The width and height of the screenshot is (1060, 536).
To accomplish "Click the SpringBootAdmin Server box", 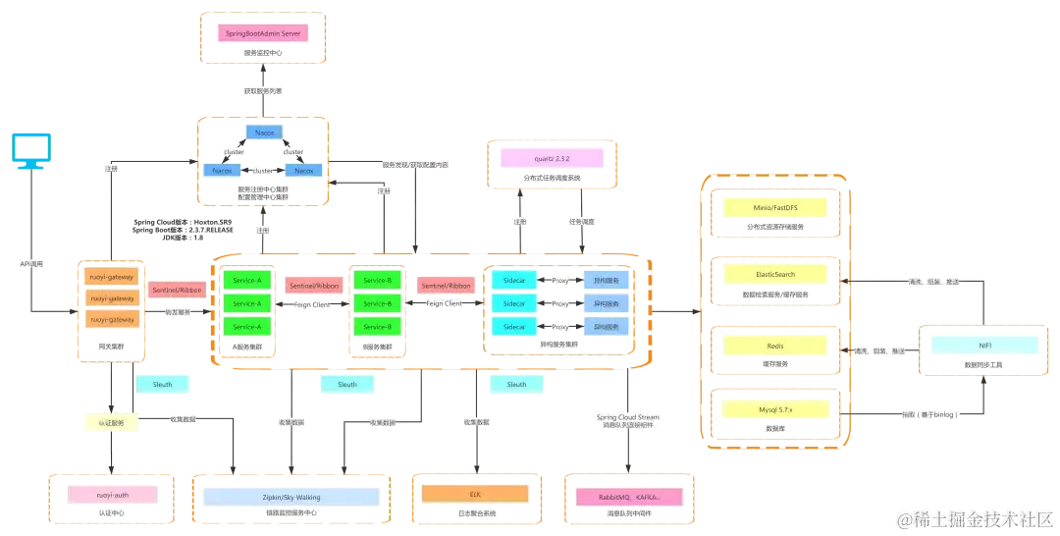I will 262,33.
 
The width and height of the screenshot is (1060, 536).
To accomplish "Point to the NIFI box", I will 982,347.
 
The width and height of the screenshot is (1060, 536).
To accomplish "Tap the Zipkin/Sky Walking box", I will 291,497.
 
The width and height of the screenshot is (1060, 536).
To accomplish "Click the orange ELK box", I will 475,493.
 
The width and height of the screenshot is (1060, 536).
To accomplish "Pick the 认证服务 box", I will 109,423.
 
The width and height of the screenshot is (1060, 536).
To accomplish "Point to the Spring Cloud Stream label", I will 629,417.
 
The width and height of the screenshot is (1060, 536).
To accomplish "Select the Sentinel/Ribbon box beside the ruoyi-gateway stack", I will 176,291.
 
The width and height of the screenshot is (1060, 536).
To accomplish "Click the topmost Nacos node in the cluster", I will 263,133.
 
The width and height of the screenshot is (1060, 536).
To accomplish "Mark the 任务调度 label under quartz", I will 581,222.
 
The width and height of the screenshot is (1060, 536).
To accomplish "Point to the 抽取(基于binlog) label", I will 927,415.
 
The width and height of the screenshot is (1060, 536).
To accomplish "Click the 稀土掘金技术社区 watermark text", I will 981,518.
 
